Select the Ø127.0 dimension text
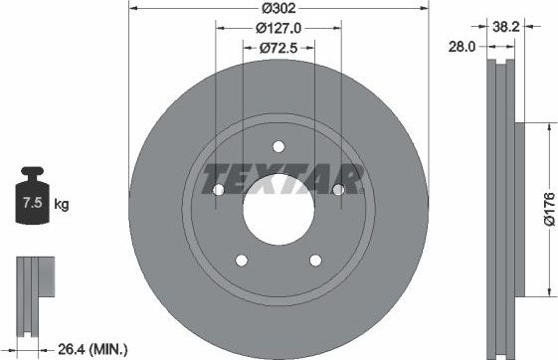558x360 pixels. (x=279, y=29)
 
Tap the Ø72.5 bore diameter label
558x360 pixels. (x=279, y=47)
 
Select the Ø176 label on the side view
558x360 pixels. (x=547, y=210)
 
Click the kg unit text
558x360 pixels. (x=61, y=205)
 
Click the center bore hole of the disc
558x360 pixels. (x=279, y=210)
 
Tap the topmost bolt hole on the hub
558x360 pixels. (x=279, y=145)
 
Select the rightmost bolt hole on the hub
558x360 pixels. (x=338, y=189)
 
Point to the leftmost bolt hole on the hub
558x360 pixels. (x=218, y=189)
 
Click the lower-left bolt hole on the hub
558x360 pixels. (x=241, y=261)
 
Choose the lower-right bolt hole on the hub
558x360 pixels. (x=315, y=261)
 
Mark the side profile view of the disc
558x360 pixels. (x=503, y=209)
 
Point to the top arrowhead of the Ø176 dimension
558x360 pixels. (x=544, y=127)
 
